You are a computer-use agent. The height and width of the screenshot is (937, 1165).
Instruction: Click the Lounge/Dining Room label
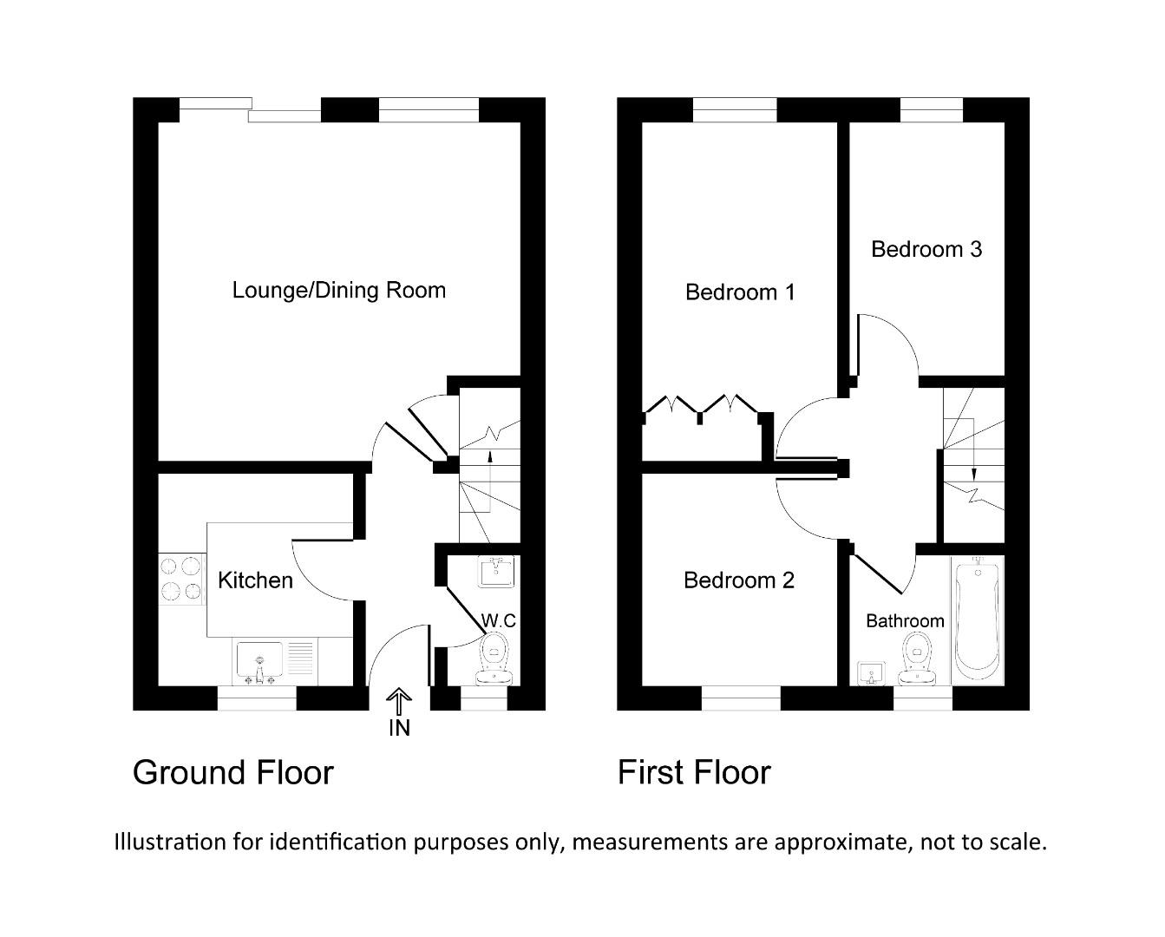(x=339, y=290)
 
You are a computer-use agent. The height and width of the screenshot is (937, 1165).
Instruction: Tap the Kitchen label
(x=255, y=580)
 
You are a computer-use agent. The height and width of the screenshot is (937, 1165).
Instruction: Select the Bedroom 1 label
(x=740, y=292)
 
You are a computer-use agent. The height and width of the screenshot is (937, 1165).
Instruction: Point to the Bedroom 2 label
(x=739, y=580)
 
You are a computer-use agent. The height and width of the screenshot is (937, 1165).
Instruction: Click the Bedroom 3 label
(x=926, y=249)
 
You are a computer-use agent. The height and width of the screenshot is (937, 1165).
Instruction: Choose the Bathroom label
(x=905, y=620)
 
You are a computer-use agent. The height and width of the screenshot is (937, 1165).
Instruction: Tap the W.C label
(x=499, y=620)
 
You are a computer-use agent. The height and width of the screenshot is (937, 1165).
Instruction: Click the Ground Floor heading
(x=232, y=772)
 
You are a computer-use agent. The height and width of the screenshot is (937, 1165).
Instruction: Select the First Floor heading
(x=694, y=772)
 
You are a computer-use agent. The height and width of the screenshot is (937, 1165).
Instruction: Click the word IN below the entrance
(x=399, y=728)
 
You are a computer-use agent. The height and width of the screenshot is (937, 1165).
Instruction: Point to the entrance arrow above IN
(x=399, y=701)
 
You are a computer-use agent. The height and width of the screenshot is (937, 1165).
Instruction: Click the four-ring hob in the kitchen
(x=180, y=579)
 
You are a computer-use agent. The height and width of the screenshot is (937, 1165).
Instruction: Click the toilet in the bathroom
(x=916, y=657)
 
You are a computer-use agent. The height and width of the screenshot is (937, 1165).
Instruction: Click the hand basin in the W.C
(x=496, y=573)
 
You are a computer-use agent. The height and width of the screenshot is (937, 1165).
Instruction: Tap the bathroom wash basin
(x=871, y=673)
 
